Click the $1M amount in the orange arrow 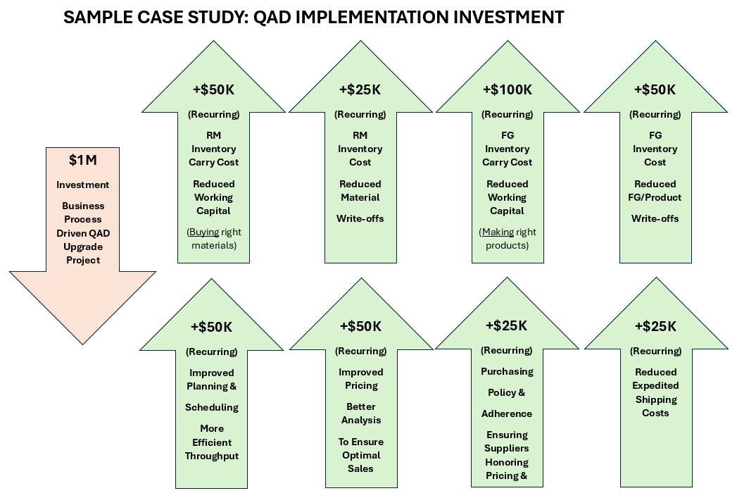click(82, 161)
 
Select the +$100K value click(507, 90)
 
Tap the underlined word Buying click(203, 232)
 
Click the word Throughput click(212, 456)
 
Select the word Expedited click(655, 385)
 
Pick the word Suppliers click(506, 448)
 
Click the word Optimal click(360, 455)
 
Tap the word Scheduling click(212, 407)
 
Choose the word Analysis click(360, 420)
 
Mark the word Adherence click(507, 413)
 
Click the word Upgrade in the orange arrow click(82, 247)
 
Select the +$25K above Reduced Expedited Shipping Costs click(655, 326)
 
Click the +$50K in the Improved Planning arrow click(211, 327)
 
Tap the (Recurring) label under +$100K click(507, 114)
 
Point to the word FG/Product click(655, 197)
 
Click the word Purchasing click(507, 371)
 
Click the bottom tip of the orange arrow click(82, 343)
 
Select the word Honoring click(506, 462)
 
